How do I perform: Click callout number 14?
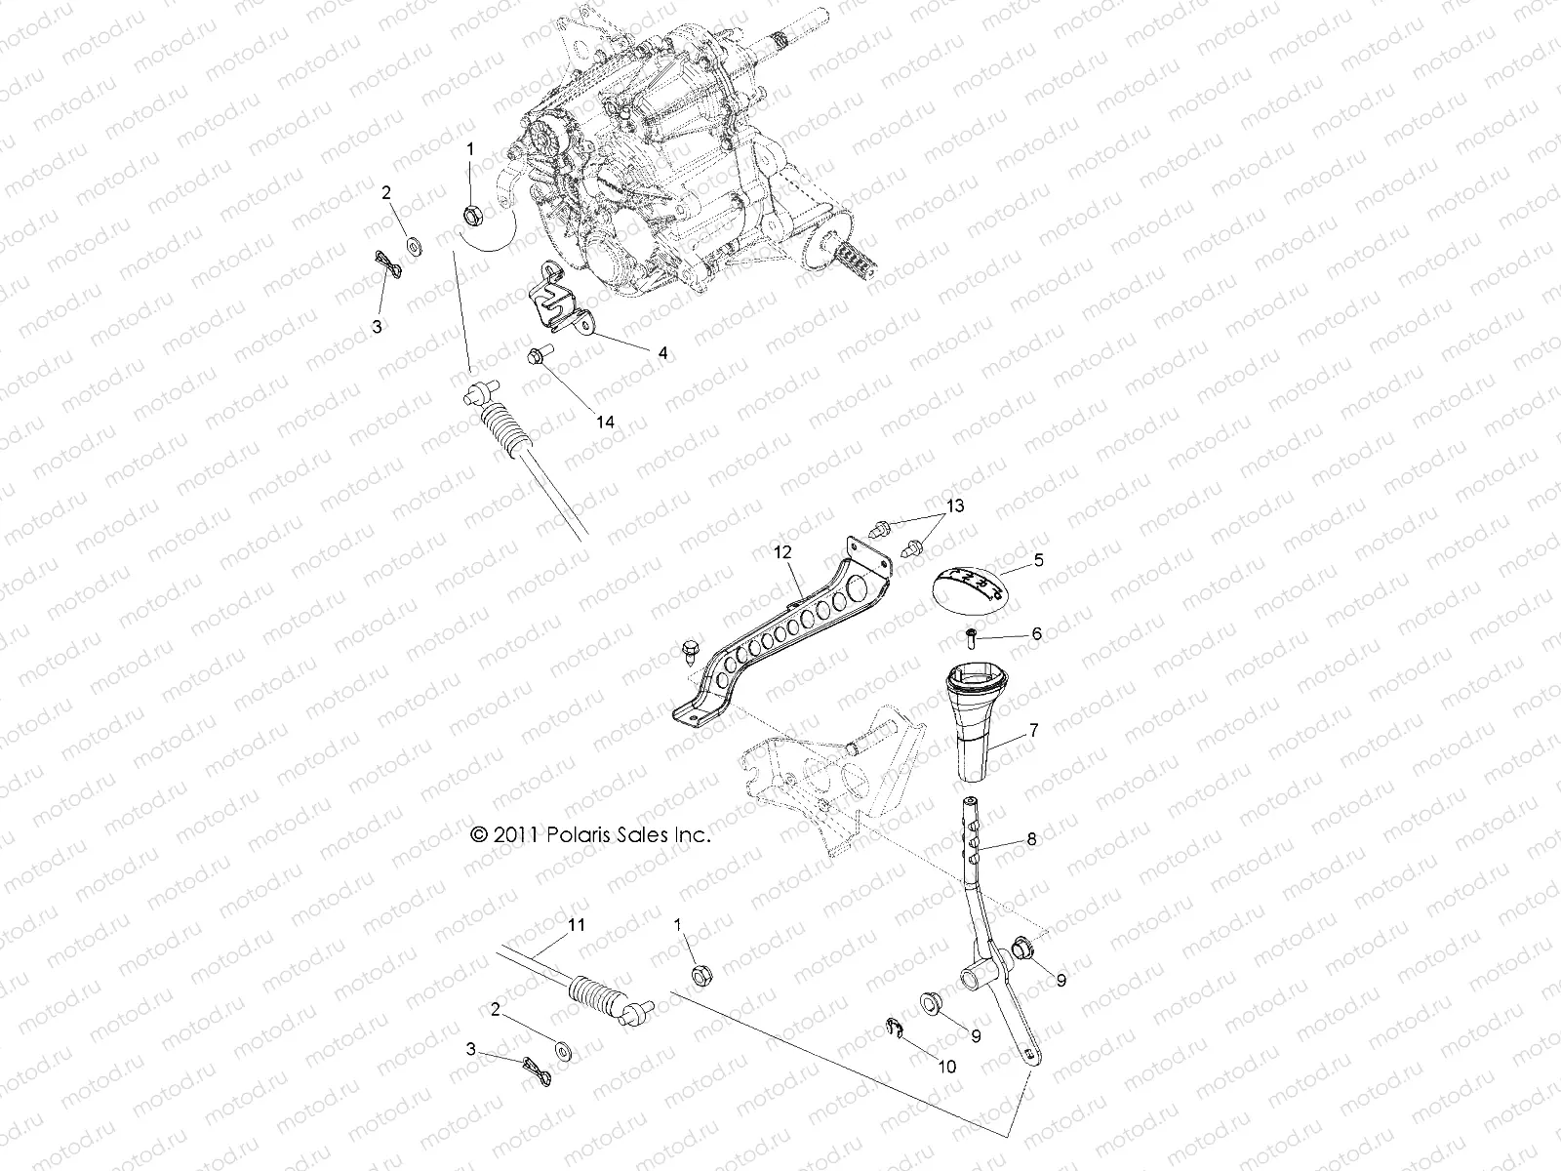tap(606, 422)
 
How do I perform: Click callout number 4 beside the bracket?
tap(662, 353)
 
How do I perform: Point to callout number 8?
tap(1031, 838)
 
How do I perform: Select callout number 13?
tap(954, 505)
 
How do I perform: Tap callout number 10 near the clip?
tap(945, 1067)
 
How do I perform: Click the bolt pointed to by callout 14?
tap(539, 357)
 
